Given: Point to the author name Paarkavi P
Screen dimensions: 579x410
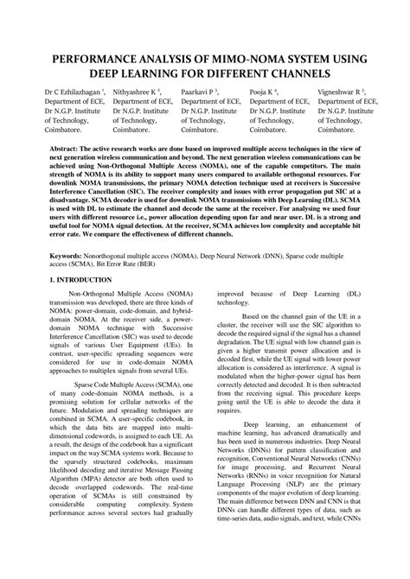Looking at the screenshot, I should [x=199, y=90].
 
